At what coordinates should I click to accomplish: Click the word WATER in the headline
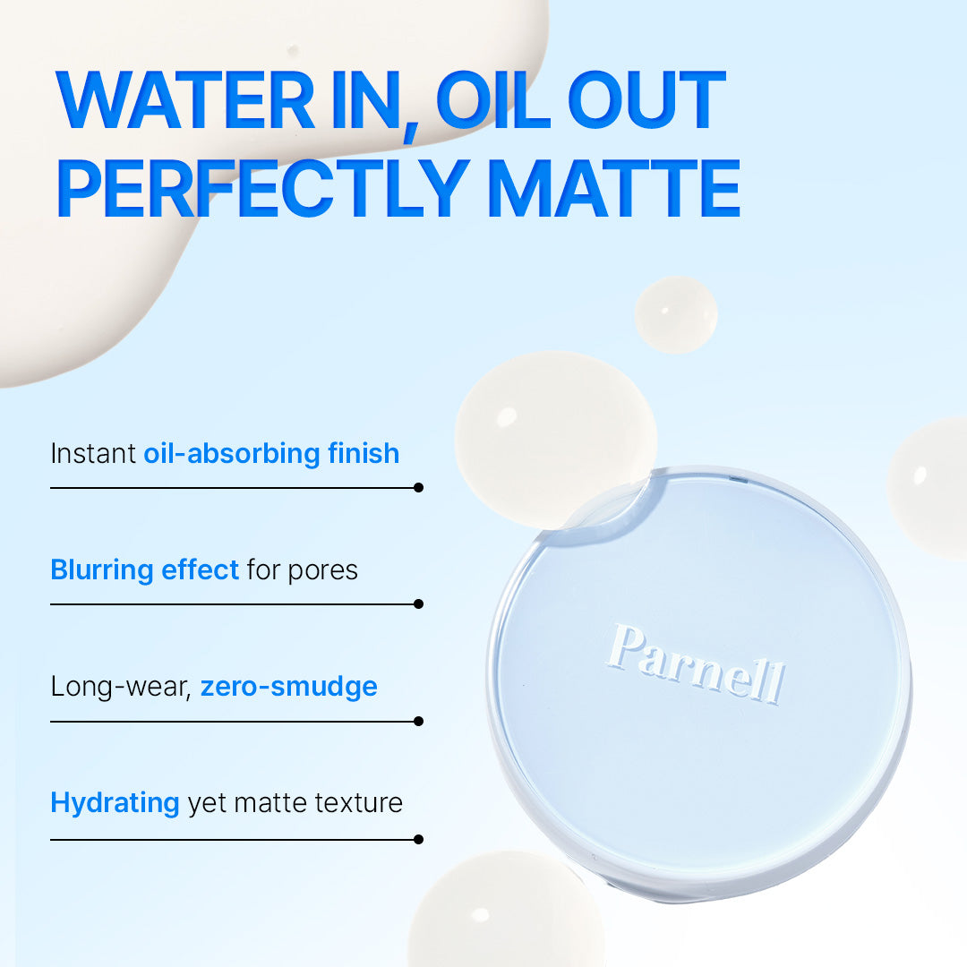(185, 99)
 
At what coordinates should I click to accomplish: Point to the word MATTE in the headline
(614, 187)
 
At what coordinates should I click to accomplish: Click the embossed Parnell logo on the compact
(696, 663)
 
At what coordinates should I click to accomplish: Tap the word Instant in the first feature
(92, 453)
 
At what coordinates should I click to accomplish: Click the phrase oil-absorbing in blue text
(232, 454)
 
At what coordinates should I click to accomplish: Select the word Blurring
(102, 570)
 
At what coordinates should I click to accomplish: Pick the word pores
(322, 571)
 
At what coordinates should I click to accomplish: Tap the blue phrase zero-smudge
(288, 687)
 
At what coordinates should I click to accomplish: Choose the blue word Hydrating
(115, 803)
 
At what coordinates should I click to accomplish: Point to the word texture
(358, 803)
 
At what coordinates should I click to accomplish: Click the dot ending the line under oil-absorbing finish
(419, 488)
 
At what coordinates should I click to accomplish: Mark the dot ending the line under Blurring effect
(419, 603)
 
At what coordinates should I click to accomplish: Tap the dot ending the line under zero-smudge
(419, 721)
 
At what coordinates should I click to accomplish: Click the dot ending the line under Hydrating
(419, 839)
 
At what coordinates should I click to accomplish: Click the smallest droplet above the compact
(676, 314)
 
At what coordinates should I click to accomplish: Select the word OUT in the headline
(646, 99)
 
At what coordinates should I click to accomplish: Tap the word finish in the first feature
(364, 453)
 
